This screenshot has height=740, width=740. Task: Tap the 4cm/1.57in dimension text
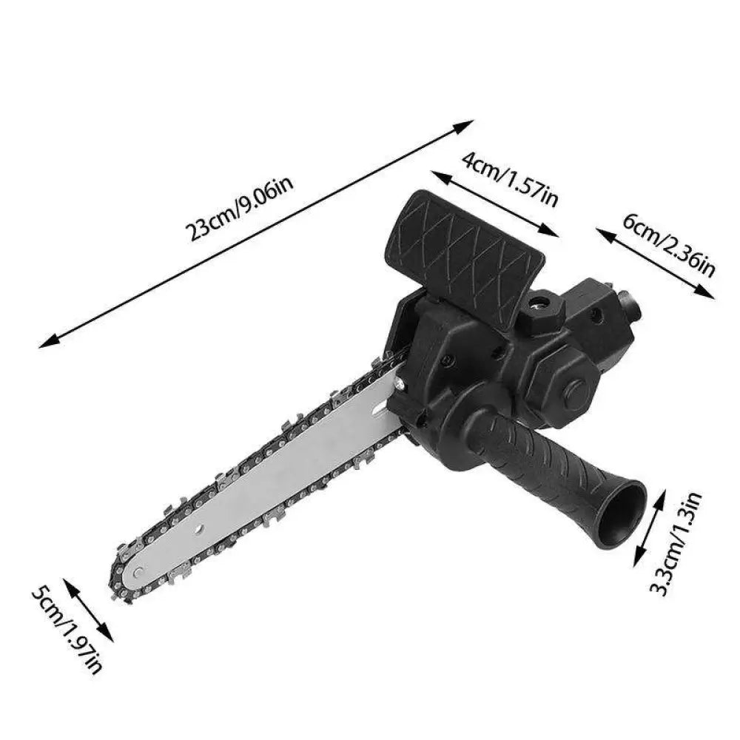pyautogui.click(x=511, y=180)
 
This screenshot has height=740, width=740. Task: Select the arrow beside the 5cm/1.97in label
pyautogui.click(x=88, y=609)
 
